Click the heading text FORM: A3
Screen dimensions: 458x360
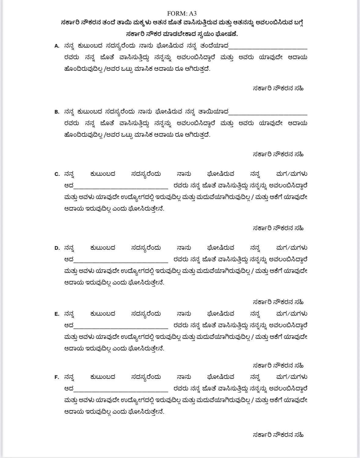[x=182, y=13]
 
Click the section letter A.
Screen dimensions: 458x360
[x=57, y=46]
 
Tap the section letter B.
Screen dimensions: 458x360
[x=57, y=112]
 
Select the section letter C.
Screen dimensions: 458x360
[x=57, y=174]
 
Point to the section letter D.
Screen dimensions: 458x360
[x=57, y=248]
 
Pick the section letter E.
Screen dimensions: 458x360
[x=57, y=314]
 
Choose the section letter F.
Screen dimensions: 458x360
[x=57, y=377]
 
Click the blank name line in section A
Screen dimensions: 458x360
[x=268, y=48]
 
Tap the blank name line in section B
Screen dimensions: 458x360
[x=268, y=114]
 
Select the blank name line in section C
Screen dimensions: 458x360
[x=121, y=187]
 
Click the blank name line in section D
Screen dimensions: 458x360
[x=121, y=261]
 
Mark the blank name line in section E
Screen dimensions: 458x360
[x=121, y=327]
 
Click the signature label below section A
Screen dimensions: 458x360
[x=278, y=89]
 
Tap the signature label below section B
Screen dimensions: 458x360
[x=278, y=154]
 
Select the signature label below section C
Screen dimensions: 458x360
[x=278, y=228]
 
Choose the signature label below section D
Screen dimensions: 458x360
[x=278, y=302]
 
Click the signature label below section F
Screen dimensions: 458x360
[x=278, y=435]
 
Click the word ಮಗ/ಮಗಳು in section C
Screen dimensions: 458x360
[x=291, y=174]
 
